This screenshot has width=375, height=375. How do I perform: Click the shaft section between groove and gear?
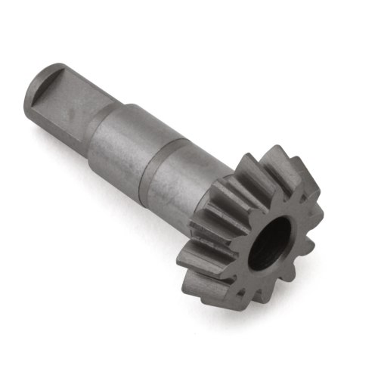click(181, 170)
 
